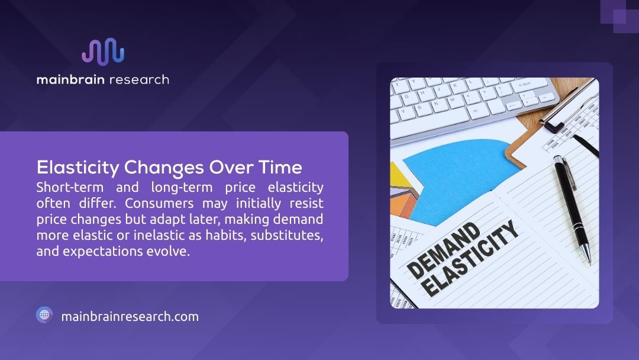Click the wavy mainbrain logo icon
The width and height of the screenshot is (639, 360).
103,51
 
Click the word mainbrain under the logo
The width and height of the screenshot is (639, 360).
69,79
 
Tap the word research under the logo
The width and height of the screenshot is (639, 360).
138,79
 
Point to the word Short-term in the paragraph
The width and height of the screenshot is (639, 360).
67,188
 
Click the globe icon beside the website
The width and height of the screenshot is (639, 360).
44,315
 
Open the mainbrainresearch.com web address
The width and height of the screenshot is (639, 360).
130,316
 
